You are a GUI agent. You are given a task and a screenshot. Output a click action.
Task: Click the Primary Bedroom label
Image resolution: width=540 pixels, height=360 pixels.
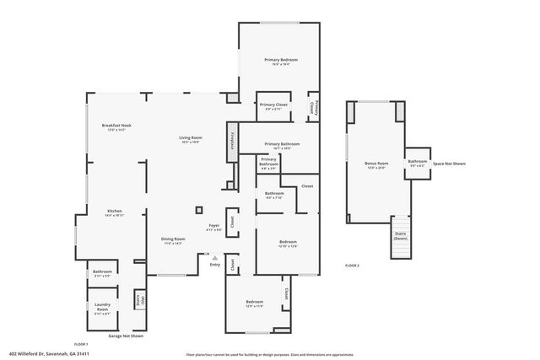point(281,61)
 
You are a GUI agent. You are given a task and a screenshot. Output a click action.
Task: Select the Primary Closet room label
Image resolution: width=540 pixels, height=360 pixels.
point(273,105)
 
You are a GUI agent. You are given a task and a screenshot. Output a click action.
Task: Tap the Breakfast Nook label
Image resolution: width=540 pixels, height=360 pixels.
point(116,127)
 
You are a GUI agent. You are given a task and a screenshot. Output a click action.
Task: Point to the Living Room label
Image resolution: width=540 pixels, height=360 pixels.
point(190,139)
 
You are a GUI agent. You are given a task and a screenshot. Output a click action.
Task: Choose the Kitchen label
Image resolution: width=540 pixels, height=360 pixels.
point(115,212)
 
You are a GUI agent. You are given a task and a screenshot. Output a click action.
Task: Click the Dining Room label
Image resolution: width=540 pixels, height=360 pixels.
point(173,240)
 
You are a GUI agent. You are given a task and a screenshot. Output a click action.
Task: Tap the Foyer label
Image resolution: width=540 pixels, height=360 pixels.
point(214,227)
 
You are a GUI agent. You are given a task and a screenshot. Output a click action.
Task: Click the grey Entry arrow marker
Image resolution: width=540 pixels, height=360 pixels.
point(214,258)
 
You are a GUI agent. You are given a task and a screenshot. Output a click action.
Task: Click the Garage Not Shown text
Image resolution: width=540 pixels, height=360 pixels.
point(126,336)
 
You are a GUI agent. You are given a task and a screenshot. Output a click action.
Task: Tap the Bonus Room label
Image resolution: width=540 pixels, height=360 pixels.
point(376,164)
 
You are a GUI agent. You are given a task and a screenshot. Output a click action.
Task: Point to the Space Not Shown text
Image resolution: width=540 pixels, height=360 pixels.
point(449,164)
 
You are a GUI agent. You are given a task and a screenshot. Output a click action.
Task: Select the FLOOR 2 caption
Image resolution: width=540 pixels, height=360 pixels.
point(352,266)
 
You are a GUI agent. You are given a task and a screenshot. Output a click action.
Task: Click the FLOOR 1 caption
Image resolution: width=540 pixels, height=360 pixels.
point(81,344)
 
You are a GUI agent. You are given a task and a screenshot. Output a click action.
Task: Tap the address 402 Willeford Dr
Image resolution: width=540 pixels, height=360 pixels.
point(49,354)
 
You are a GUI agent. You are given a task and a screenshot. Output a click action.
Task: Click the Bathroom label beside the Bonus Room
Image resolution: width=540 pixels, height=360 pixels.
point(418,162)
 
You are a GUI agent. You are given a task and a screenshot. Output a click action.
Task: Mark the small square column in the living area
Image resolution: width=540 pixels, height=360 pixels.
point(199,210)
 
